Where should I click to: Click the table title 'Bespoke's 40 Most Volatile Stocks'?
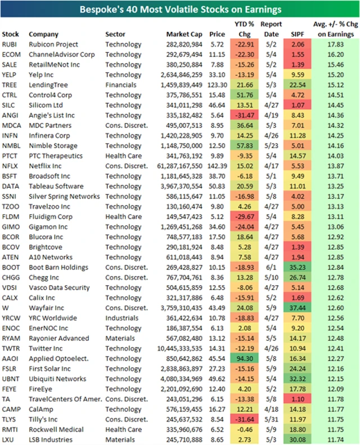(x=180, y=10)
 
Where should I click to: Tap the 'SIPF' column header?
(x=299, y=34)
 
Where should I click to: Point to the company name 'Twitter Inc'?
(x=48, y=348)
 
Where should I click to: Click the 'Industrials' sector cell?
(x=123, y=318)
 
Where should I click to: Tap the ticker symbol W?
(x=5, y=308)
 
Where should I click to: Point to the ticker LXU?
(x=8, y=439)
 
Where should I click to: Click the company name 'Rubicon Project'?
(x=53, y=44)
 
